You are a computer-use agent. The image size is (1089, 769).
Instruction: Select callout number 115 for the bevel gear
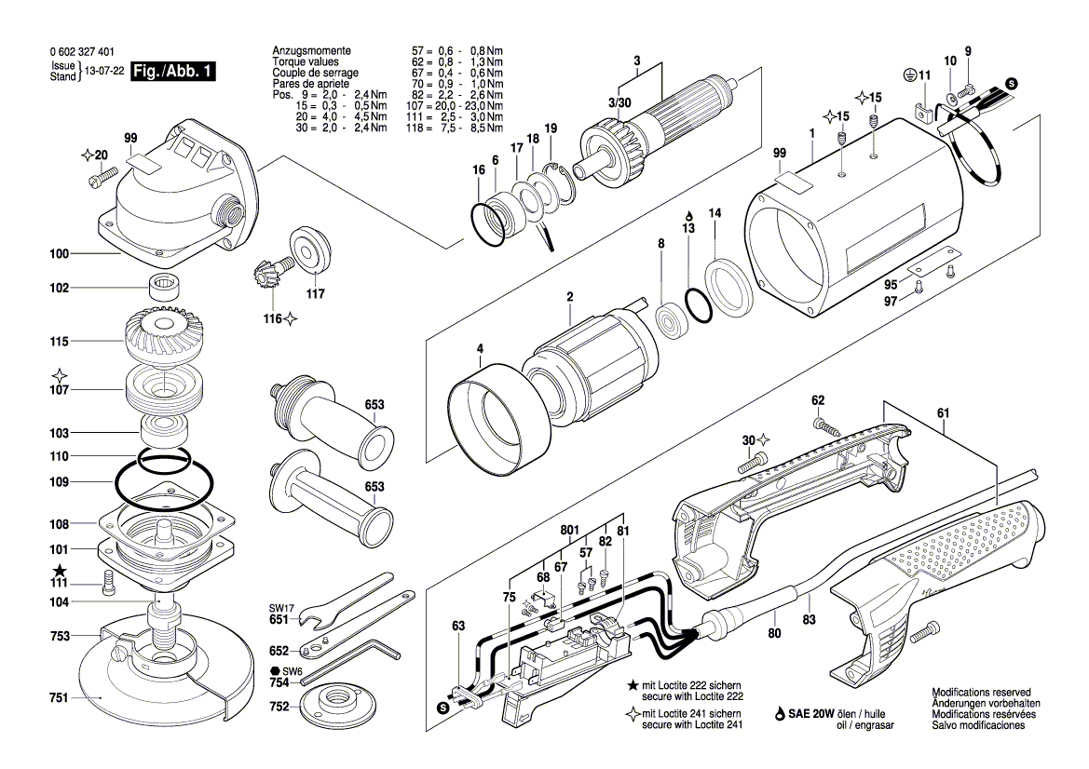[60, 343]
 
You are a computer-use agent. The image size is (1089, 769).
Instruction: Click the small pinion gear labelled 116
[265, 276]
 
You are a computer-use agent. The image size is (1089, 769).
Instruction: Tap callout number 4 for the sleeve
[480, 349]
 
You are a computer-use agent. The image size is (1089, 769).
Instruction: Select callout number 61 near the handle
[944, 412]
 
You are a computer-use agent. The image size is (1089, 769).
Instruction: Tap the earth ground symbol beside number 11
[908, 74]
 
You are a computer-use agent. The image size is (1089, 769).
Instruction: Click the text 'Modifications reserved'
[981, 694]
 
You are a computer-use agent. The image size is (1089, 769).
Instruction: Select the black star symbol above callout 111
[60, 569]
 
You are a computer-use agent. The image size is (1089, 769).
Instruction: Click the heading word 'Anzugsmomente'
[311, 49]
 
